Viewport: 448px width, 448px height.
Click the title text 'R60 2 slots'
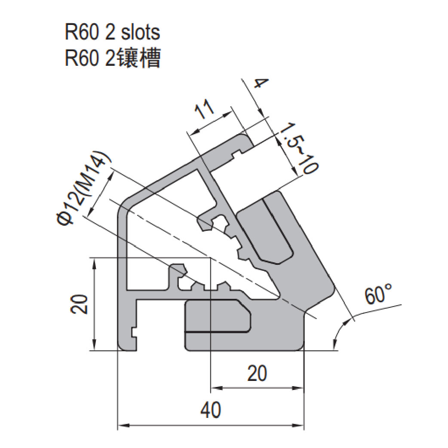point(112,33)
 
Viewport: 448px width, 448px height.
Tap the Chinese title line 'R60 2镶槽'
point(112,58)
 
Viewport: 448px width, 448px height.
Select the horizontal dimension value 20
point(257,373)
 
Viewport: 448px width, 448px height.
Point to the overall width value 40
point(211,410)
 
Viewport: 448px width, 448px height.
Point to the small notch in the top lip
point(236,152)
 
